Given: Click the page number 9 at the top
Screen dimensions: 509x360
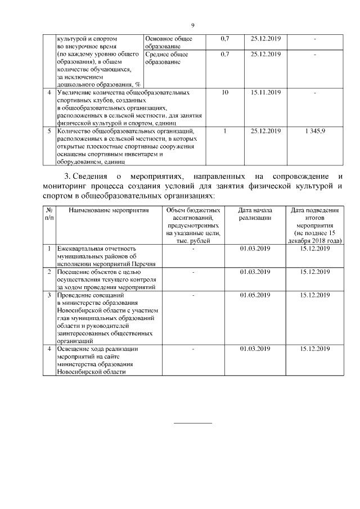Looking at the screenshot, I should pos(192,25).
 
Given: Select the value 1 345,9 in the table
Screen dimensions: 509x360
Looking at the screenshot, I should pos(314,132).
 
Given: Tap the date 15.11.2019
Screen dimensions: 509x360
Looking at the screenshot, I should pos(265,92).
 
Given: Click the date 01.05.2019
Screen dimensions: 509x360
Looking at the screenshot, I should pos(255,294).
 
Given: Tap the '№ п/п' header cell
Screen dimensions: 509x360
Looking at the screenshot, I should pos(49,214).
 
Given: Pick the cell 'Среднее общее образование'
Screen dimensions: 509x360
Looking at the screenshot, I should pos(166,58).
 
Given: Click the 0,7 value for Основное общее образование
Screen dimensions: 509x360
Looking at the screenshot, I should pos(225,39).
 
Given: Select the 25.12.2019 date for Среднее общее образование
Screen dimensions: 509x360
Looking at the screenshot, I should pos(265,55).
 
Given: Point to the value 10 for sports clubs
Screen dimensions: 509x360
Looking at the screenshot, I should pos(225,92).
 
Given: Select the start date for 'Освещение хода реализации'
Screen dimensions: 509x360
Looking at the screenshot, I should pos(255,349).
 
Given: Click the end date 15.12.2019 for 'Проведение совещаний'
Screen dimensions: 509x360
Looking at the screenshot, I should pos(315,294).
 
